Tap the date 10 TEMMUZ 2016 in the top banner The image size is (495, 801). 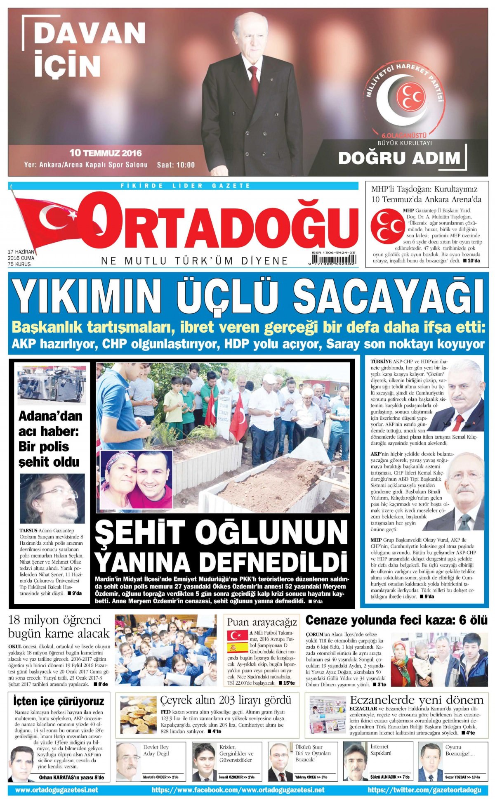106,153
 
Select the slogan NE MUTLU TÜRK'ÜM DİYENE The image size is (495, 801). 195,261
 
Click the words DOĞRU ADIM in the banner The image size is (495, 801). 399,158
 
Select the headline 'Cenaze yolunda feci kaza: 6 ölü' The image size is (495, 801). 396,620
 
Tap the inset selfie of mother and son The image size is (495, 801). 137,479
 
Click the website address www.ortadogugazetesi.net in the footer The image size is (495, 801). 57,790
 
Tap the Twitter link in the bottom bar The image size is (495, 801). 424,790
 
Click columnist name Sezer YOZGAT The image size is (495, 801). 457,777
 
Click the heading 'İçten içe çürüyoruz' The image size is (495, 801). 59,701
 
